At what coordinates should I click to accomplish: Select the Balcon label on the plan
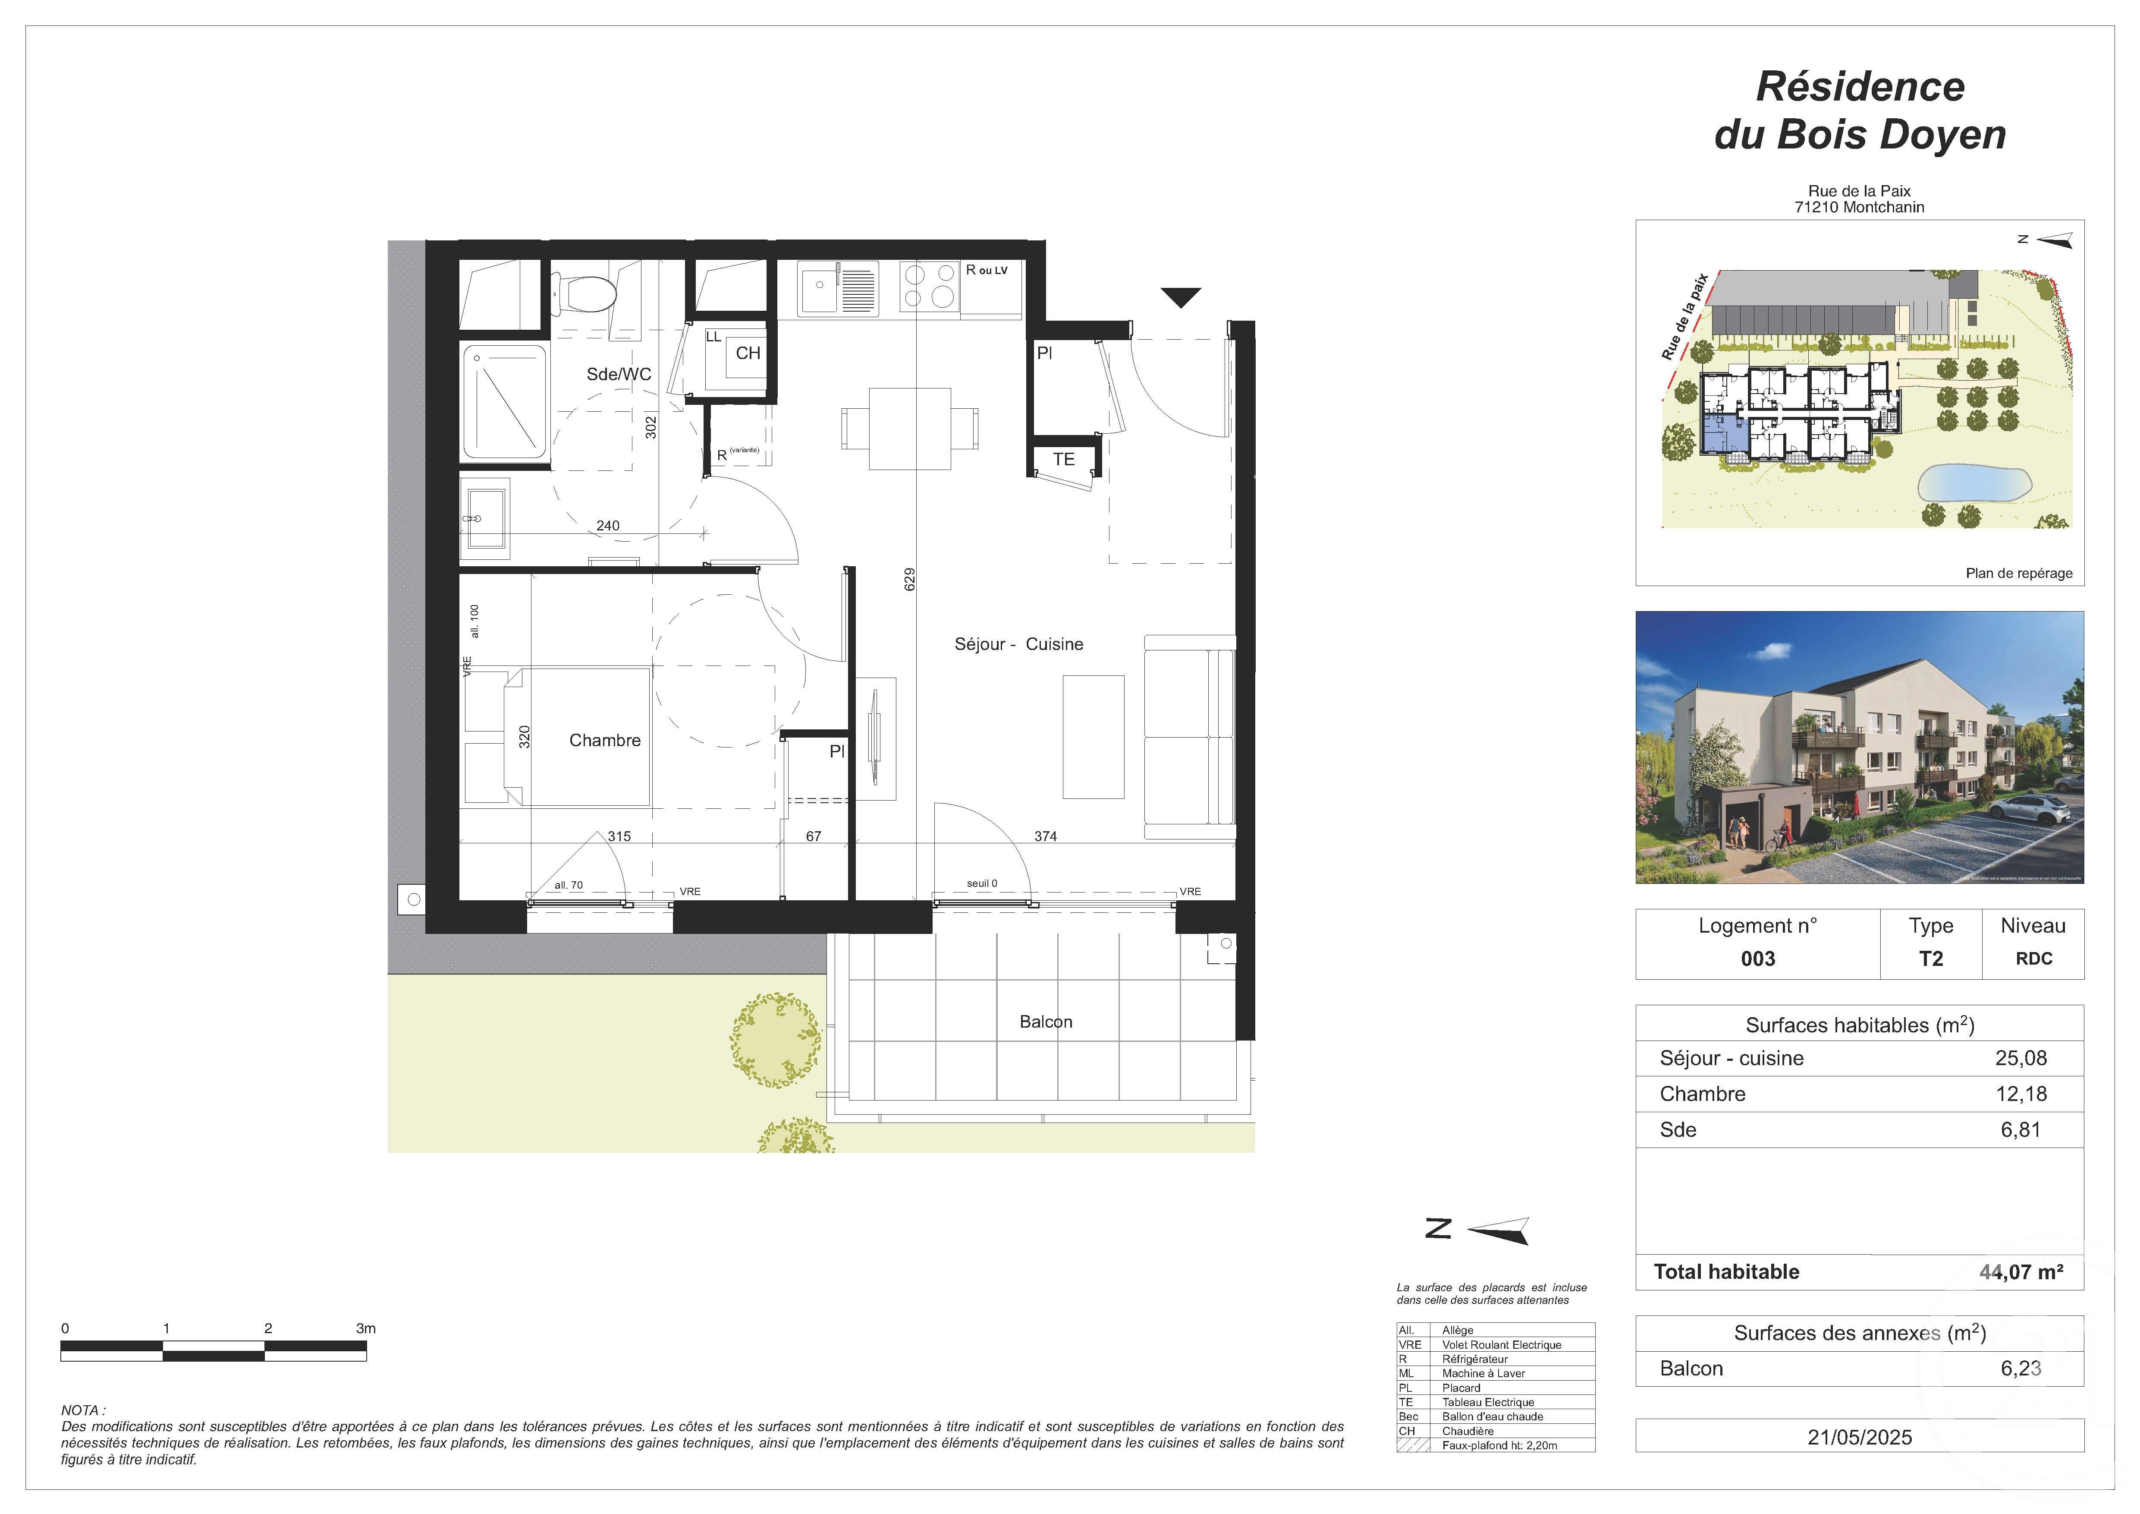coord(1046,1022)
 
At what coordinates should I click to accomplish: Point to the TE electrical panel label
coord(1063,460)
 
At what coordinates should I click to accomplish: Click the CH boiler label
coord(748,353)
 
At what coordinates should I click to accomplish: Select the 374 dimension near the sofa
coord(1045,836)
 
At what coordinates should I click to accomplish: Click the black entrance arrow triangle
coord(1181,297)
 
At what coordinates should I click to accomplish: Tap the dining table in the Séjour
coord(910,429)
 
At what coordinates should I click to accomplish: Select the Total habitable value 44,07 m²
coord(2021,1271)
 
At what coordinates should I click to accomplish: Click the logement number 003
coord(1758,959)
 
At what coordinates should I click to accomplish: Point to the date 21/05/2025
coord(1860,1437)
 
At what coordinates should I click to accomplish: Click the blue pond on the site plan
coord(1973,484)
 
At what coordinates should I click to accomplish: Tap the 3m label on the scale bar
coord(365,1328)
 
